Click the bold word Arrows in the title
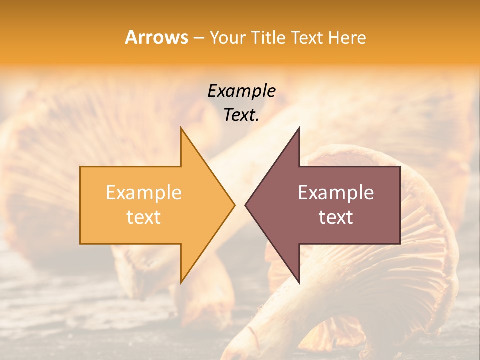tap(156, 37)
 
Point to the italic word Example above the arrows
tap(242, 91)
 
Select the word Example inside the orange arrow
tap(144, 193)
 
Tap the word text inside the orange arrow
tap(144, 217)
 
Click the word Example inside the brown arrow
tap(336, 193)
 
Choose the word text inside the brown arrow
tap(336, 217)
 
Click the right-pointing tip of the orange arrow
tap(234, 205)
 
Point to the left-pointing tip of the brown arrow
tap(245, 205)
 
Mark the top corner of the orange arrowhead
tap(181, 128)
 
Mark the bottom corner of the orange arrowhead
tap(181, 282)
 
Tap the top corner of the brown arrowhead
tap(299, 128)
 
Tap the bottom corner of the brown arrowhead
tap(299, 282)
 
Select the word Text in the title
tap(306, 38)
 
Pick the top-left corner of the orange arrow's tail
tap(80, 167)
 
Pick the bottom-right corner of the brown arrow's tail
tap(400, 243)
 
